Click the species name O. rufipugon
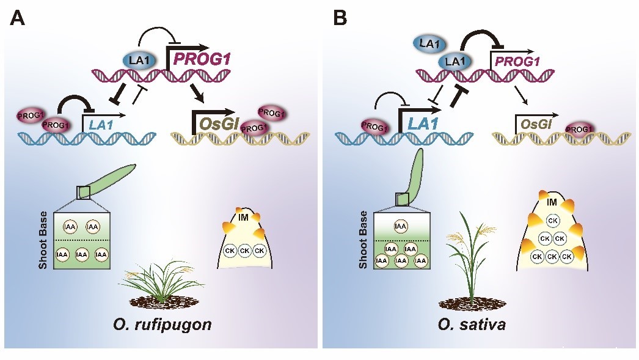point(163,323)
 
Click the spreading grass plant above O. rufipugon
point(159,281)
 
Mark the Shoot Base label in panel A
point(43,240)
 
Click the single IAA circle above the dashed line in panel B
point(401,226)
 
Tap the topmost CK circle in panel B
point(552,220)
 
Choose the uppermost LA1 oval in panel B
point(431,43)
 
